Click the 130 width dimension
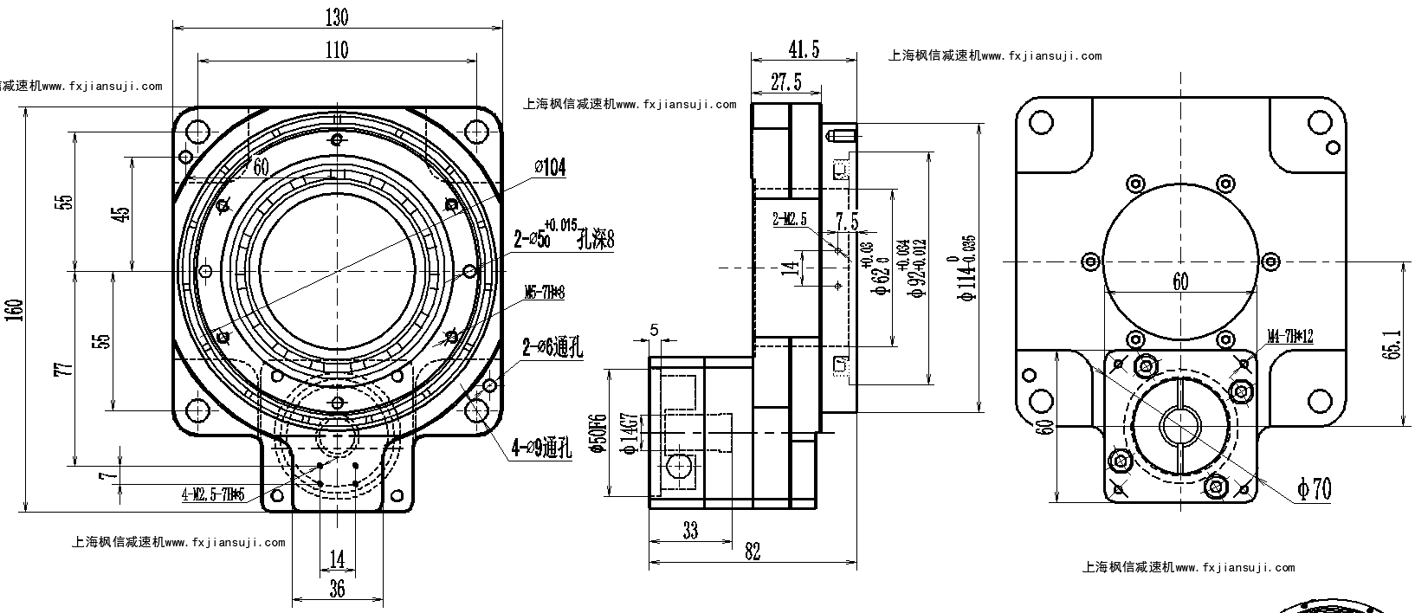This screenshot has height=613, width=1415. (x=337, y=16)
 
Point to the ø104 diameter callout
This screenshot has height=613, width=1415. (x=551, y=167)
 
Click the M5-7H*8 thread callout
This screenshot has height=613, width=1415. (x=545, y=293)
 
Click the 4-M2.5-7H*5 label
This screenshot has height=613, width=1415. (x=213, y=495)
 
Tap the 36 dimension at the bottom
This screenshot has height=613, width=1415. (x=337, y=589)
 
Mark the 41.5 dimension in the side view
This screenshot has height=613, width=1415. (x=804, y=49)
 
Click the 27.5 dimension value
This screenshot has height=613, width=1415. (x=785, y=81)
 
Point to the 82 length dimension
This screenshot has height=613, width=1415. (x=752, y=552)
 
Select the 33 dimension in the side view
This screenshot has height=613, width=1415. (x=689, y=530)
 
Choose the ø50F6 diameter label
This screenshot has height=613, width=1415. (x=596, y=434)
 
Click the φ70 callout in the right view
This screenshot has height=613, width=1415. (x=1314, y=489)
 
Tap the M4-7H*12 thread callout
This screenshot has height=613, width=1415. (x=1290, y=336)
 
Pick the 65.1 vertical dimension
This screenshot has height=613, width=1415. (x=1391, y=344)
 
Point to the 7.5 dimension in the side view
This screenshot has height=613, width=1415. (x=847, y=222)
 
